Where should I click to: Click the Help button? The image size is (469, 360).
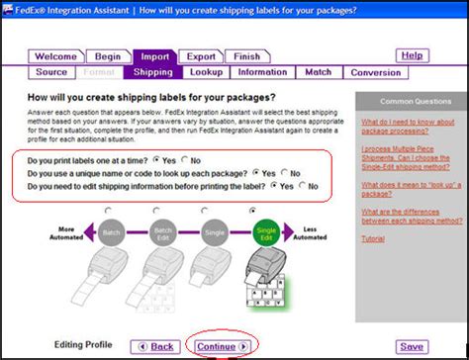[x=413, y=56]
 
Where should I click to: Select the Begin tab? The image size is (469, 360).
[x=108, y=57]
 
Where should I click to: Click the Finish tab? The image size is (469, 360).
[x=246, y=57]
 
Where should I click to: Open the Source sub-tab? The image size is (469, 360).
[x=51, y=72]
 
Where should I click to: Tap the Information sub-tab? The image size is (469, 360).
[x=262, y=72]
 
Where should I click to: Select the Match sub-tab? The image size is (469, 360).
[x=318, y=72]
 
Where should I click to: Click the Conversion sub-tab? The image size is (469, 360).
[x=375, y=72]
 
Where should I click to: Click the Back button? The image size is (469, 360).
[x=157, y=346]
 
